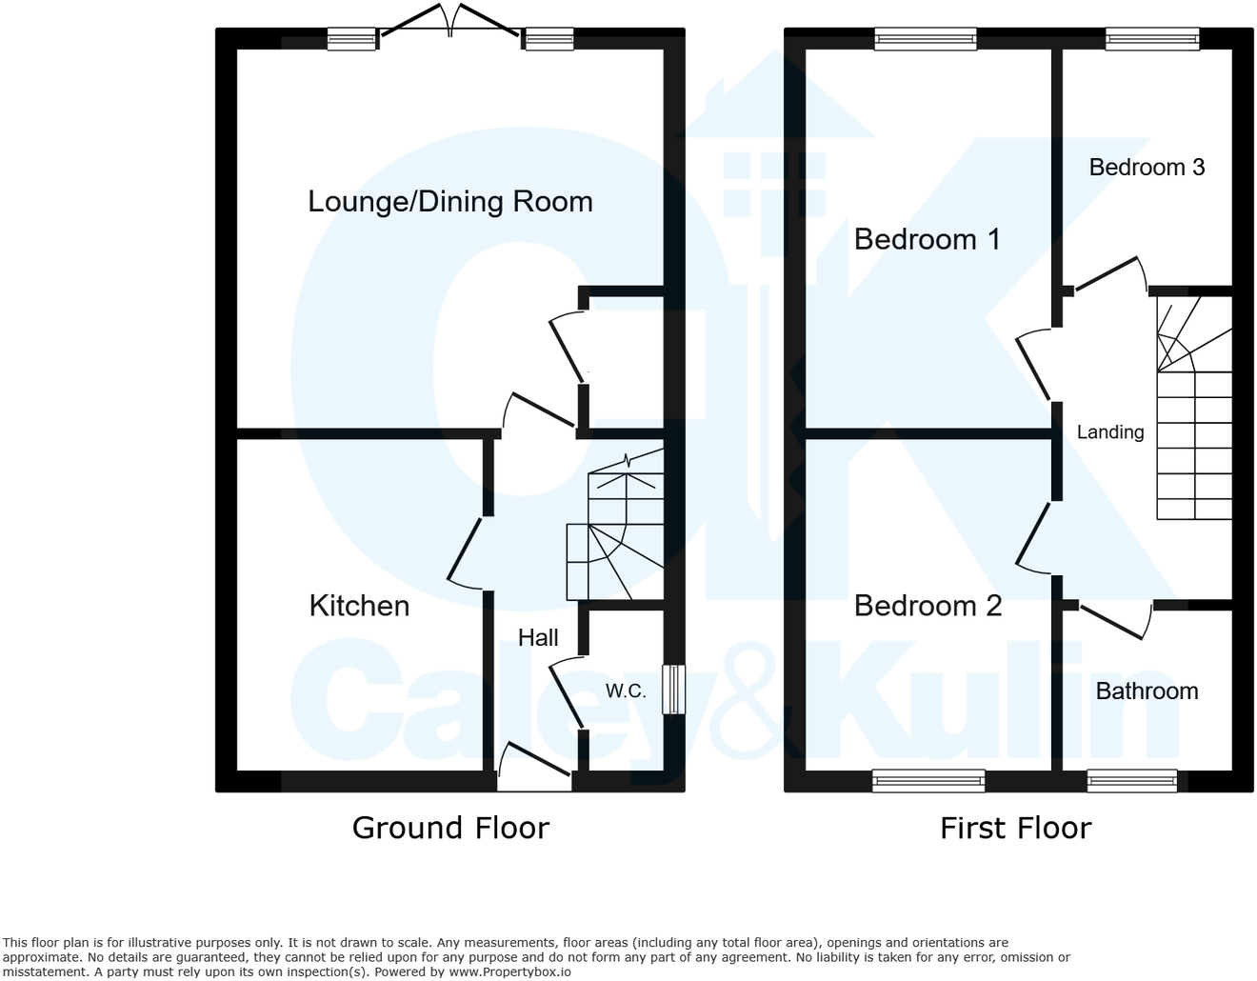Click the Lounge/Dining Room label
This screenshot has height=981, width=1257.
pos(449,202)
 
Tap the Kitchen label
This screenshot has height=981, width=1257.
pos(359,606)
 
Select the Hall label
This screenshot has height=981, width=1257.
pos(538,638)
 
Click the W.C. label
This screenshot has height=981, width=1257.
pos(626,691)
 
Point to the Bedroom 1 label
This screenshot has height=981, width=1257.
pos(927,239)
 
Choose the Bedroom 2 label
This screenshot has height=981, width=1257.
pos(928,606)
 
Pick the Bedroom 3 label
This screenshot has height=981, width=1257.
pos(1147,168)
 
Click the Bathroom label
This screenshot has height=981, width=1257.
pos(1147,691)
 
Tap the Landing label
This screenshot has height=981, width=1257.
pos(1109,432)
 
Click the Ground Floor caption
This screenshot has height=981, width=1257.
pos(450,828)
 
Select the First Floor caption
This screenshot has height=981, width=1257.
pos(1015,828)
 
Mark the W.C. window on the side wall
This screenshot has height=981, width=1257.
pos(673,689)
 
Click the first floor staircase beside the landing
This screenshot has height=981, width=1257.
pos(1194,410)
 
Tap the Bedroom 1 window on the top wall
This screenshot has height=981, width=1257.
pos(925,38)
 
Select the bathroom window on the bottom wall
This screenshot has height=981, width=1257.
pos(1132,781)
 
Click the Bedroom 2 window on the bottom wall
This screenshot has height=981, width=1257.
pos(928,781)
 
